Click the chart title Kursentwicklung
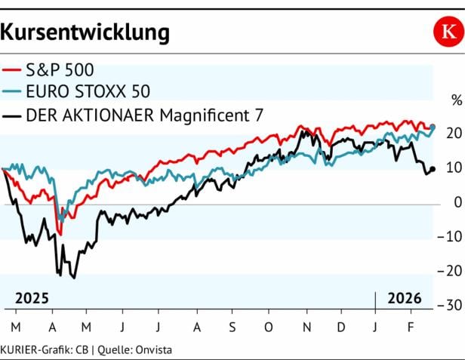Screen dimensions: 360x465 pos(85,32)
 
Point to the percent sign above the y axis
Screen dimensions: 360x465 pos(455,100)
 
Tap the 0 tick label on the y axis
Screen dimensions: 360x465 pos(457,202)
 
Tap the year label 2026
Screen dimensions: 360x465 pos(405,298)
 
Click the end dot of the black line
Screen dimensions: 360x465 pos(433,169)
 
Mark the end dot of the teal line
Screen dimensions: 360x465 pos(433,127)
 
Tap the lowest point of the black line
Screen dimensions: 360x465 pos(73,278)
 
